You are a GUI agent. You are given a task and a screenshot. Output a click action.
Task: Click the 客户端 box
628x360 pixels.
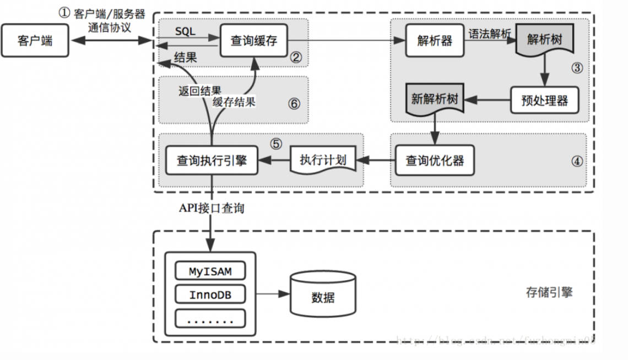coord(35,41)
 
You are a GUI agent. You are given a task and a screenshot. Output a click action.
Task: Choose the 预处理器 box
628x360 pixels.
coord(544,101)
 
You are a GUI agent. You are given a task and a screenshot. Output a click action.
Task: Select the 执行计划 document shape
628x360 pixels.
coord(323,160)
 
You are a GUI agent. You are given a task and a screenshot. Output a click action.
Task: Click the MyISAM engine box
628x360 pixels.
coord(210,271)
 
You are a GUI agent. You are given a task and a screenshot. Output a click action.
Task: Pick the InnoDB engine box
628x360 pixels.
coord(210,294)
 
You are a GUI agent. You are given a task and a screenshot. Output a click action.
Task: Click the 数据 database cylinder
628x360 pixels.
coord(322,298)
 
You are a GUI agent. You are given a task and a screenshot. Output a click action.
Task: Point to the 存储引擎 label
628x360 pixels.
coord(549,292)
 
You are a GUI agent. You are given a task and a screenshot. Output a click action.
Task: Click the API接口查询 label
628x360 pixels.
coord(212,208)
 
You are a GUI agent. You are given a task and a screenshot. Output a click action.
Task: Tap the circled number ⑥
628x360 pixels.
coord(295,103)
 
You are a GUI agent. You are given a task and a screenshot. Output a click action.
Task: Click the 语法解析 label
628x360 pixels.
coord(490,34)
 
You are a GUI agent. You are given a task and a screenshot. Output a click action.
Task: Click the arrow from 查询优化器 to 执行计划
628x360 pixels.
coord(376,161)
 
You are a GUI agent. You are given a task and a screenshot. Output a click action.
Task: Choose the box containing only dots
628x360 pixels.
coord(210,319)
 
